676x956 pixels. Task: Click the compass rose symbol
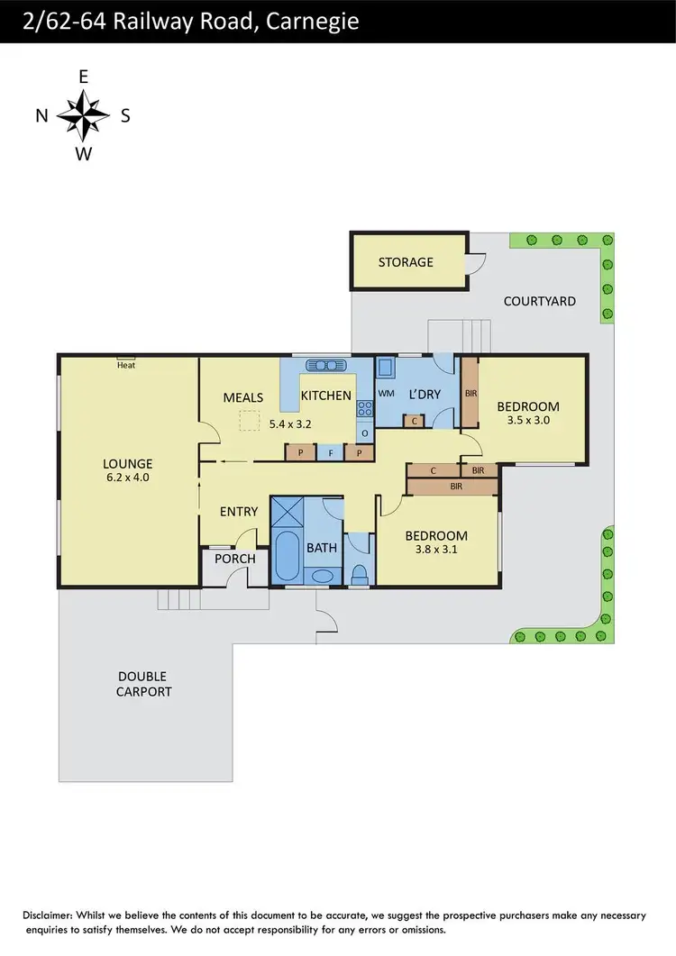83,115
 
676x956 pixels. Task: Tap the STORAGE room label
406,262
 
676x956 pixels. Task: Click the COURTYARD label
540,301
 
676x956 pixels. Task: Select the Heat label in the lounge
126,365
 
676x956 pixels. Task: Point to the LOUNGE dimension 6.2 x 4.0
127,478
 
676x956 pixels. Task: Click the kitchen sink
326,365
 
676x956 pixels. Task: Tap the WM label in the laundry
387,394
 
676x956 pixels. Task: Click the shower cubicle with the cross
287,513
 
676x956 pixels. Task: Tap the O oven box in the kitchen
365,433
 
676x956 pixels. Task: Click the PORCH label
234,559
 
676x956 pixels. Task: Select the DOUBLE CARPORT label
143,684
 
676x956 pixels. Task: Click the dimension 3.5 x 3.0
528,420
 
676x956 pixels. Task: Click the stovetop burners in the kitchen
365,411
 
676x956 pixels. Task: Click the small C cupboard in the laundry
414,421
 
